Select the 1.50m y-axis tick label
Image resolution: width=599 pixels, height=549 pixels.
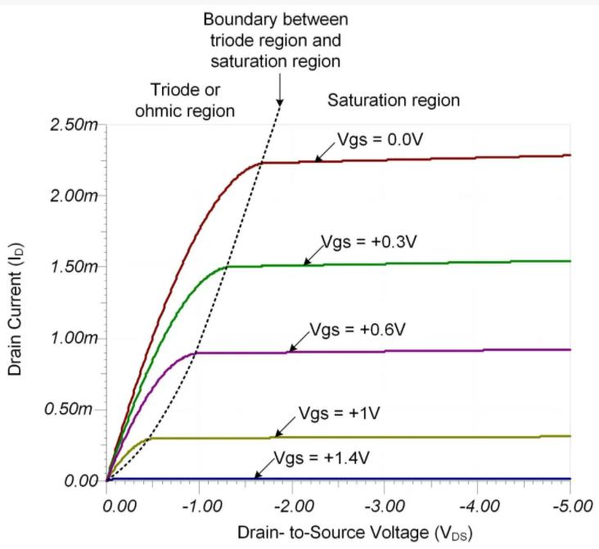74,267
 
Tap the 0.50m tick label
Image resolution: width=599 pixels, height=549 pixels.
74,409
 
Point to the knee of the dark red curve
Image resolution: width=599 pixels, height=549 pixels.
260,163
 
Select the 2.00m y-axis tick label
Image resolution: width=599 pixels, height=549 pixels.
74,196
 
